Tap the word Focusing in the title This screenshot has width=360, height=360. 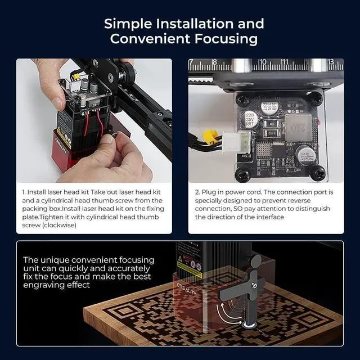pos(226,39)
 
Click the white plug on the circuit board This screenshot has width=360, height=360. pos(237,142)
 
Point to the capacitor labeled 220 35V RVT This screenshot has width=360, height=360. pos(250,119)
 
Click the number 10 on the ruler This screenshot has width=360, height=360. pos(263,62)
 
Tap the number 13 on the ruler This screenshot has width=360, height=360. pos(331,61)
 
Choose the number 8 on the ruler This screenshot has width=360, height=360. pos(214,62)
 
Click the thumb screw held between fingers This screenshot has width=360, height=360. pos(113,134)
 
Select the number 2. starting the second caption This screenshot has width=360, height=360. pos(197,192)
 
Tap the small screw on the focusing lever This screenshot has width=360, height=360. pos(254,286)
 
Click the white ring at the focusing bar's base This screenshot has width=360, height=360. pos(249,325)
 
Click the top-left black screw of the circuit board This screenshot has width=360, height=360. pos(242,100)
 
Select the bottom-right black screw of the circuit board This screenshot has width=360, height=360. pos(318,173)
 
